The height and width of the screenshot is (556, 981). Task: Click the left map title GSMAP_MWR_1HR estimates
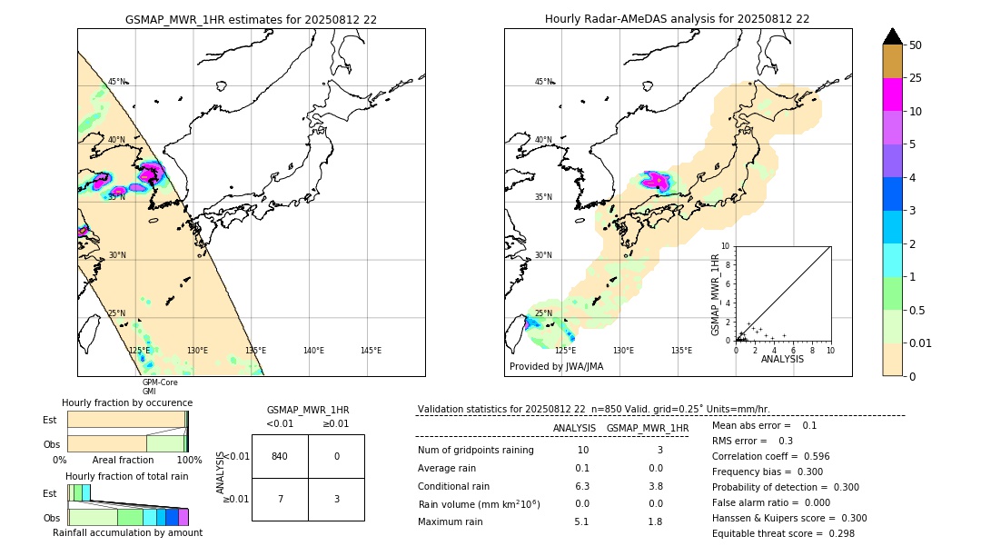pyautogui.click(x=251, y=19)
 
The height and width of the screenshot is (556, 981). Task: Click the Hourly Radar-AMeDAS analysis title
pyautogui.click(x=677, y=19)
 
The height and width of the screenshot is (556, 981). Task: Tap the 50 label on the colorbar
pyautogui.click(x=917, y=45)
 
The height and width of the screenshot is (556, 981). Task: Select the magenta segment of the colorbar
pyautogui.click(x=892, y=94)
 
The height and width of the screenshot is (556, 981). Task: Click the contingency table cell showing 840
pyautogui.click(x=280, y=456)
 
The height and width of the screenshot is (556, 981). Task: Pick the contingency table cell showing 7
pyautogui.click(x=280, y=499)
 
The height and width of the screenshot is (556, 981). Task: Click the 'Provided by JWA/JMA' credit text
pyautogui.click(x=556, y=367)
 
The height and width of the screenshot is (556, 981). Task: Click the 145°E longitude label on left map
pyautogui.click(x=371, y=351)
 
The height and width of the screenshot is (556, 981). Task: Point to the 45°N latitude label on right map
pyautogui.click(x=543, y=82)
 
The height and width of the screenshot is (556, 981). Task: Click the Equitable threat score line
pyautogui.click(x=783, y=533)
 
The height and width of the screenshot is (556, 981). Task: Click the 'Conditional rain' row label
pyautogui.click(x=454, y=486)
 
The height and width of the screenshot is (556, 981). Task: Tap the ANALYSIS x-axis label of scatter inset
pyautogui.click(x=782, y=359)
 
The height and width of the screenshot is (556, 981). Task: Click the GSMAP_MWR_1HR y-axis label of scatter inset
pyautogui.click(x=716, y=295)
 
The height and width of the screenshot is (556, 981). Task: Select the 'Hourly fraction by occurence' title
pyautogui.click(x=127, y=402)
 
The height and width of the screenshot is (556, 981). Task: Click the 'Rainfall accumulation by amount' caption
pyautogui.click(x=127, y=532)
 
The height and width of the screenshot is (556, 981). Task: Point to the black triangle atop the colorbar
pyautogui.click(x=892, y=36)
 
